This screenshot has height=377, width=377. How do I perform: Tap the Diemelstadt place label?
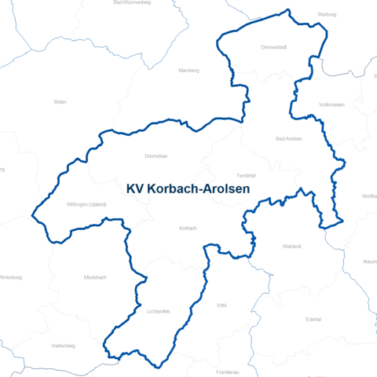[x=273, y=47]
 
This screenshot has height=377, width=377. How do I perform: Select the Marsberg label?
[x=189, y=70]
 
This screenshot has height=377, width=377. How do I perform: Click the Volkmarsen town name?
[x=332, y=104]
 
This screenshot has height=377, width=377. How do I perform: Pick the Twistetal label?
[x=246, y=175]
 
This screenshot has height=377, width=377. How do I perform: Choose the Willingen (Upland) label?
[x=86, y=205]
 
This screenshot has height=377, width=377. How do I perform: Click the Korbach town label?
[x=188, y=228]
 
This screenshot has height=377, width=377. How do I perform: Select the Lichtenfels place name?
[x=158, y=311]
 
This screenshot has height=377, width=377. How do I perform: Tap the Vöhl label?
[x=221, y=305]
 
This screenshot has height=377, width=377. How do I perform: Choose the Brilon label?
[x=60, y=101]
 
